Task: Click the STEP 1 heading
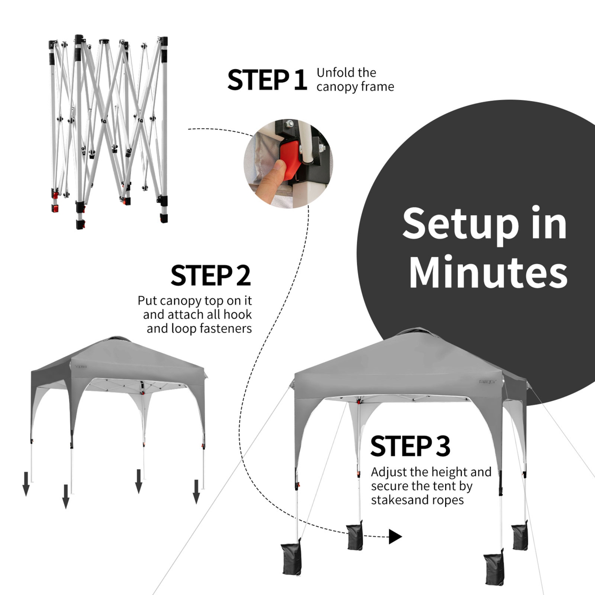[267, 80]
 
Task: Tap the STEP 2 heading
[211, 276]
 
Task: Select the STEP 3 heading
[410, 446]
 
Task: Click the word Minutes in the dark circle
[488, 273]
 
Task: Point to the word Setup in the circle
[460, 224]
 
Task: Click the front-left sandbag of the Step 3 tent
[292, 559]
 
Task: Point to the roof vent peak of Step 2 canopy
[115, 340]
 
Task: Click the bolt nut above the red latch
[291, 124]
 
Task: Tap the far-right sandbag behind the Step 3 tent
[520, 536]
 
